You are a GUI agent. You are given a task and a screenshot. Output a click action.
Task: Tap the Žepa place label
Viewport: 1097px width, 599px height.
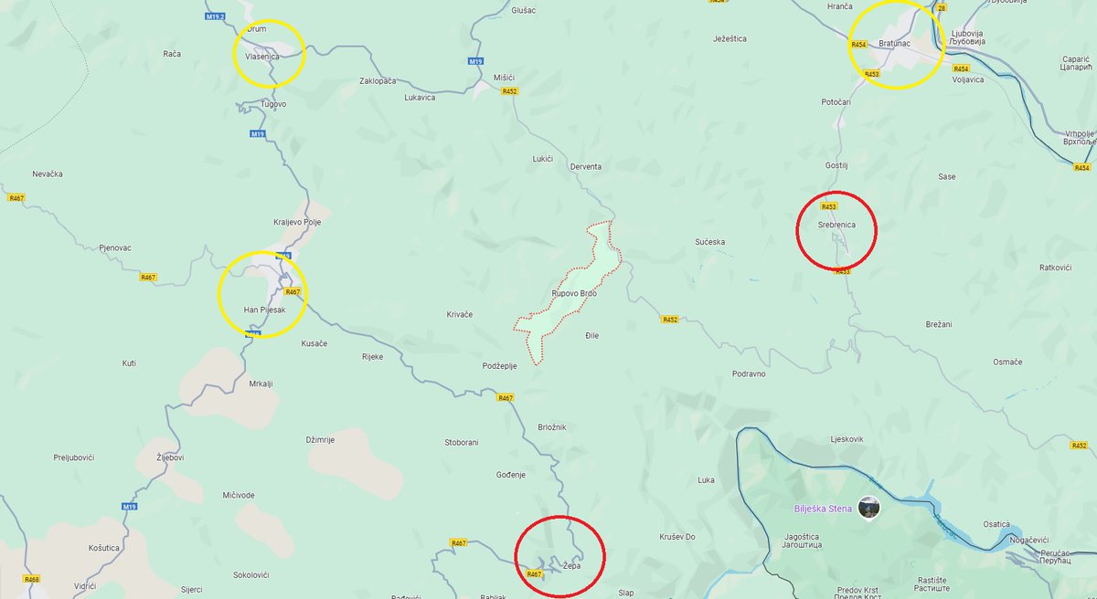pos(571,566)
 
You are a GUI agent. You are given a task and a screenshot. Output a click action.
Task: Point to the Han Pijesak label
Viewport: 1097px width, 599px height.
pos(264,310)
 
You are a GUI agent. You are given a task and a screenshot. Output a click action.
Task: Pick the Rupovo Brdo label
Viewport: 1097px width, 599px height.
pos(574,293)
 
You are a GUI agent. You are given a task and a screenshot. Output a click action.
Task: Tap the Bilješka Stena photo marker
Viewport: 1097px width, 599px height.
pos(869,508)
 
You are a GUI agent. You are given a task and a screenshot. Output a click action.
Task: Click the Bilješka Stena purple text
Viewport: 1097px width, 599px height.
pos(823,509)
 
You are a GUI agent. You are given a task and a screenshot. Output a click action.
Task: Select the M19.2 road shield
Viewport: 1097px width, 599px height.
pos(215,17)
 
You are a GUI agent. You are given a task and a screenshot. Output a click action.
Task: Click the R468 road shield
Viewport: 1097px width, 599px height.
pos(32,579)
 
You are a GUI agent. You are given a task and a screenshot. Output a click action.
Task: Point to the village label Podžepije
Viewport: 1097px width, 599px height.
pos(500,366)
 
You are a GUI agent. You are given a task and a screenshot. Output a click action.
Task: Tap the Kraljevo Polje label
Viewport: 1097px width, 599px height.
pos(297,223)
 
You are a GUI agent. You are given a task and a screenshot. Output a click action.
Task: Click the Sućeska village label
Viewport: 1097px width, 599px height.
pos(709,242)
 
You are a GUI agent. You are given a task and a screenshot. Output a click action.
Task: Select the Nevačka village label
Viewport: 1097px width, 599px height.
pos(47,173)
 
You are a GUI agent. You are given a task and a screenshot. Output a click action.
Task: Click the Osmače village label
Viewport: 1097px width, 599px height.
pos(1007,363)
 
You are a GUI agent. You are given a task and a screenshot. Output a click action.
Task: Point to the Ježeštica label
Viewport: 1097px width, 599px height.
pos(730,39)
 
